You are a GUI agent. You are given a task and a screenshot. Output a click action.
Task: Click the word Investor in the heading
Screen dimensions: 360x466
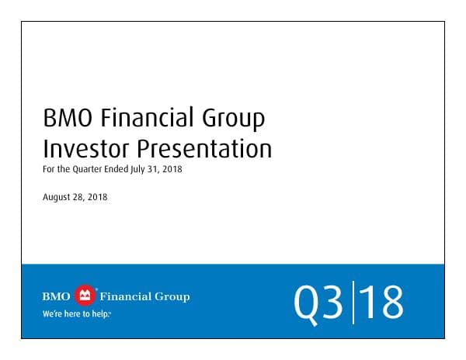pos(86,147)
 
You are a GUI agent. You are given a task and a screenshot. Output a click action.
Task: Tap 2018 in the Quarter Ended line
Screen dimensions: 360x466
pos(172,168)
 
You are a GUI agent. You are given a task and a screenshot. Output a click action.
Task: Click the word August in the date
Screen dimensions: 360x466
pos(57,197)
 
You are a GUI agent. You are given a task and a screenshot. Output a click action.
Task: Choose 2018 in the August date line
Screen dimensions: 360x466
pos(98,197)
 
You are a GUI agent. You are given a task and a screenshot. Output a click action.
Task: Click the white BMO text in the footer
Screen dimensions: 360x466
pos(56,296)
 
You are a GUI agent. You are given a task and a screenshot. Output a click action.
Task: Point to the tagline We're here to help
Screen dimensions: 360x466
pos(76,314)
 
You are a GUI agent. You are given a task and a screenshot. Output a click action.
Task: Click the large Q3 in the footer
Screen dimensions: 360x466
pos(319,303)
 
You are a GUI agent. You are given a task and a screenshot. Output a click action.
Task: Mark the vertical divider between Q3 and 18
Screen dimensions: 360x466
pos(353,302)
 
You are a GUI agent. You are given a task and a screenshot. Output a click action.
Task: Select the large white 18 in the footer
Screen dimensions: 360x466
pos(382,303)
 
